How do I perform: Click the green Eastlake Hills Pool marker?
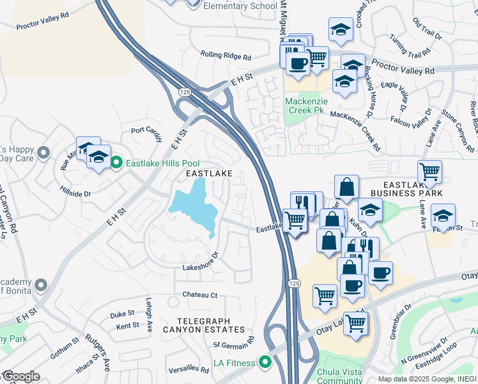(116, 163)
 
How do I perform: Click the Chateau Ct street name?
(201, 295)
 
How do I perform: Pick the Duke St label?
(121, 314)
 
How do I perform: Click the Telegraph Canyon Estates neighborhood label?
(204, 324)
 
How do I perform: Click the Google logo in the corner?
(21, 376)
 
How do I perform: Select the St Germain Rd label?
(235, 343)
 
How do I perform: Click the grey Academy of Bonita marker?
(42, 284)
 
